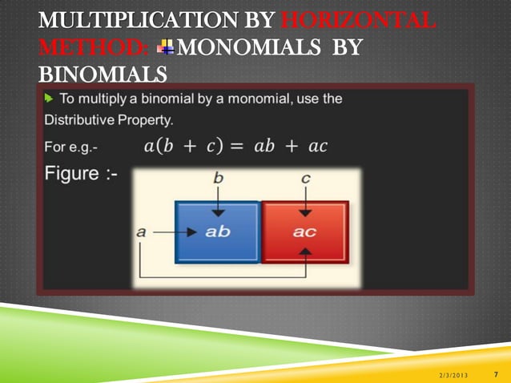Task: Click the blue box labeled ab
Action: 217,232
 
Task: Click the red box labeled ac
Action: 305,232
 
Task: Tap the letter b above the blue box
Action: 218,179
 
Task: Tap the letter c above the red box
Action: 305,179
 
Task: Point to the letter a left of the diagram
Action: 141,232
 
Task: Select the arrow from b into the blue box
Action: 218,202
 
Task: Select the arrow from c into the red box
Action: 305,202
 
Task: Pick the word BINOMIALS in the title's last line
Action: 103,75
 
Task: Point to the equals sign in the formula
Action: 236,147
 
